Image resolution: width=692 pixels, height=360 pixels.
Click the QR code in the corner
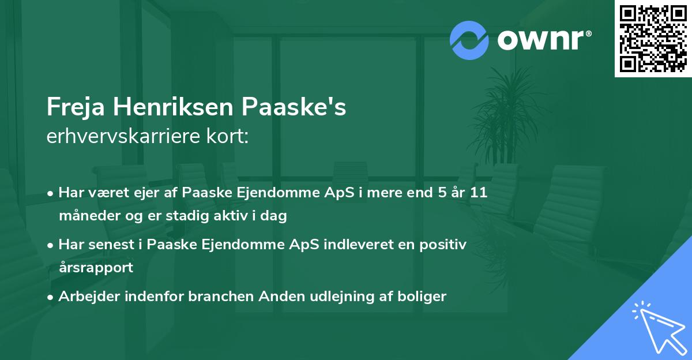click(653, 39)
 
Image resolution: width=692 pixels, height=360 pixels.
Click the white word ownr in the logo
click(541, 40)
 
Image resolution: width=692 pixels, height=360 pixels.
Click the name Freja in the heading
click(76, 107)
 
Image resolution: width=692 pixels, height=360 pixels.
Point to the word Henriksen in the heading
click(173, 107)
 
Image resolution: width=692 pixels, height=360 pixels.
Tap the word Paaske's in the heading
click(294, 107)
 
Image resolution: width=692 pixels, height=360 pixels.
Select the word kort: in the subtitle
click(227, 136)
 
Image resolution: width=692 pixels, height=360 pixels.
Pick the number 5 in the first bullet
click(442, 193)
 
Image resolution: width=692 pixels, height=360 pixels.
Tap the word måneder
click(90, 215)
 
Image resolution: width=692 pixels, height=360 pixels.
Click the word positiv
click(443, 245)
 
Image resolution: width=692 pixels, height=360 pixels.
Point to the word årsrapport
click(96, 268)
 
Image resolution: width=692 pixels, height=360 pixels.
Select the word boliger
click(422, 297)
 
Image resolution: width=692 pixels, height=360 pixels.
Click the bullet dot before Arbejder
click(50, 298)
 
